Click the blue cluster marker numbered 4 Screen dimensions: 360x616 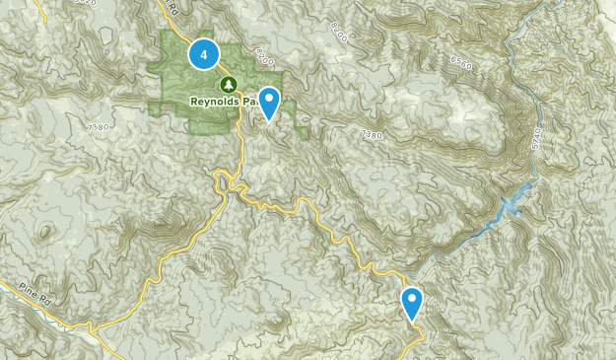click(x=204, y=55)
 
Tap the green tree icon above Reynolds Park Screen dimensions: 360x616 click(x=229, y=84)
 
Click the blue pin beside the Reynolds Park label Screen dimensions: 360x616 click(x=268, y=103)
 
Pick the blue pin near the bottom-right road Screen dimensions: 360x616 click(x=412, y=303)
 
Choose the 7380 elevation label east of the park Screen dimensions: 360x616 click(x=371, y=133)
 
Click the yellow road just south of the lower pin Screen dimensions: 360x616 click(x=418, y=335)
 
